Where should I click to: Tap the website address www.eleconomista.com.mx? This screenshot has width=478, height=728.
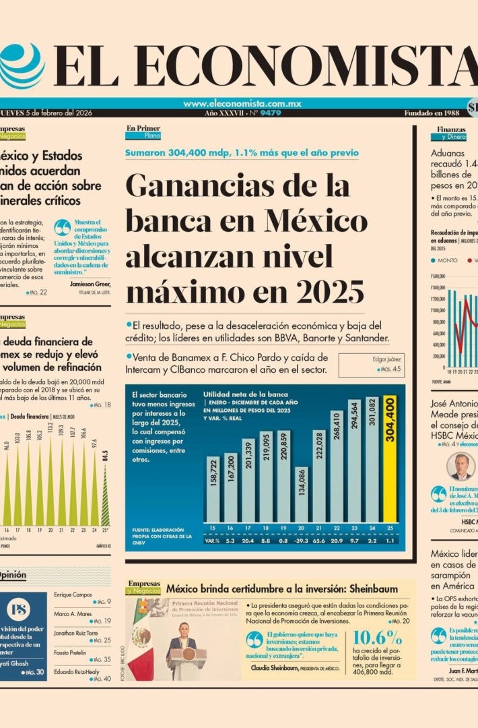(x=242, y=104)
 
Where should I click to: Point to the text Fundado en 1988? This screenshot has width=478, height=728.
(x=432, y=113)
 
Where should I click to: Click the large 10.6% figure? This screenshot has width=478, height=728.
(x=377, y=637)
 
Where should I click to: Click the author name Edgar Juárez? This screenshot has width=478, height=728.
(x=386, y=359)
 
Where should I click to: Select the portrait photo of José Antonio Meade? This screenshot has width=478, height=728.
(x=460, y=466)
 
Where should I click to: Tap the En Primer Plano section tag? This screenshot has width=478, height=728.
(x=143, y=131)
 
